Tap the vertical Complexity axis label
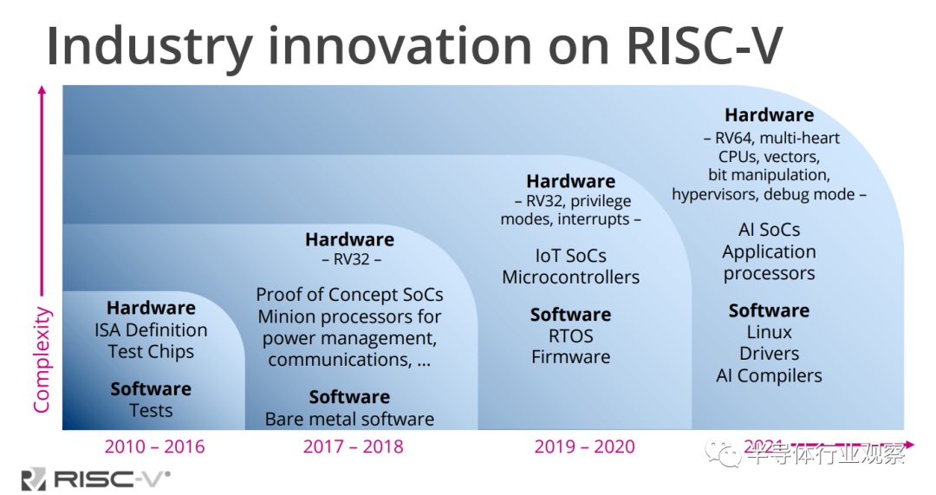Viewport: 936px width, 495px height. point(42,359)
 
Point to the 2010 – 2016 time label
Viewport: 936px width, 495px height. point(154,447)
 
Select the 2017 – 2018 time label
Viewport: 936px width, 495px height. point(353,447)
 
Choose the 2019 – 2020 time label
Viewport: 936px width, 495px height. point(584,447)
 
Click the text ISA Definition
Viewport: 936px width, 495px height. point(151,330)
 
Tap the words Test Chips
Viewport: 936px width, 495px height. point(151,352)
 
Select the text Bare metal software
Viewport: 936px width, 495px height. point(349,420)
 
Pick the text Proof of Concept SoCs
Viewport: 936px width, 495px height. point(349,295)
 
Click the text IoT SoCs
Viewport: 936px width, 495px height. point(570,256)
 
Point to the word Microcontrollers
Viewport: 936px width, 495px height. point(570,277)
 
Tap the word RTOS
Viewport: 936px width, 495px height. point(570,335)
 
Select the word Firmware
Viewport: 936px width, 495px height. point(570,357)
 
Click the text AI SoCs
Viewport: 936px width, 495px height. point(769,230)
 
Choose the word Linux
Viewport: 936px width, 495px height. point(769,332)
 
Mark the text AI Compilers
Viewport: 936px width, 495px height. point(769,376)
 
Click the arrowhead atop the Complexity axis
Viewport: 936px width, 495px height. point(41,89)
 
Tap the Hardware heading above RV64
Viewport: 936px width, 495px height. point(769,115)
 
